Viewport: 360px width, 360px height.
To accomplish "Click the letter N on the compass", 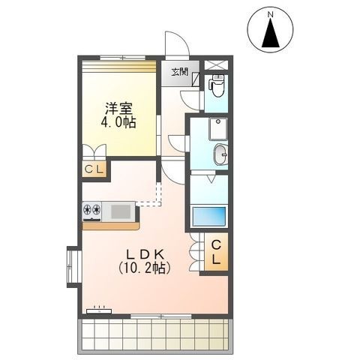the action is [x=270, y=15].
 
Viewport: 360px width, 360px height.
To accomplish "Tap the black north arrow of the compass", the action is [x=271, y=34].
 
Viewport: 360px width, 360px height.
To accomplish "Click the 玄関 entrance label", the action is [x=179, y=72].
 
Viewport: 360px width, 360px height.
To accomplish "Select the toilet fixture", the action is [x=217, y=85].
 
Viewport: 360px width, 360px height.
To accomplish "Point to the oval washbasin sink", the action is [x=220, y=154].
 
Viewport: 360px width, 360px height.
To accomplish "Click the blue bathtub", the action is [x=209, y=216].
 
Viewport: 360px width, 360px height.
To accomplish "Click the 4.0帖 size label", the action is [x=118, y=122].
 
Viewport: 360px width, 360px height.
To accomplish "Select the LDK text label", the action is [x=145, y=255].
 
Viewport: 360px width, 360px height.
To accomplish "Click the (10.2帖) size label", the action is [x=145, y=268].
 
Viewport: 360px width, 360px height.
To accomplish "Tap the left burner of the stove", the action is [x=87, y=209].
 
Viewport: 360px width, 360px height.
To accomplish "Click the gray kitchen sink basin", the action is [x=121, y=211].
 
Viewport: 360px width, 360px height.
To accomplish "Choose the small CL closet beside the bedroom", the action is [x=94, y=169].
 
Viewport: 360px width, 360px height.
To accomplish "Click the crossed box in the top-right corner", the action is [x=216, y=65].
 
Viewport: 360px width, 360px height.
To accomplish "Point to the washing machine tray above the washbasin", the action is [x=218, y=129].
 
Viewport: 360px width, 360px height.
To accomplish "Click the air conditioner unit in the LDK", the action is [x=99, y=311].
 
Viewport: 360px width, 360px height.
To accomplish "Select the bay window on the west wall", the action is [x=74, y=267].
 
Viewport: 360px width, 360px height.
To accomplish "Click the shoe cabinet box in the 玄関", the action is [x=196, y=79].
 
